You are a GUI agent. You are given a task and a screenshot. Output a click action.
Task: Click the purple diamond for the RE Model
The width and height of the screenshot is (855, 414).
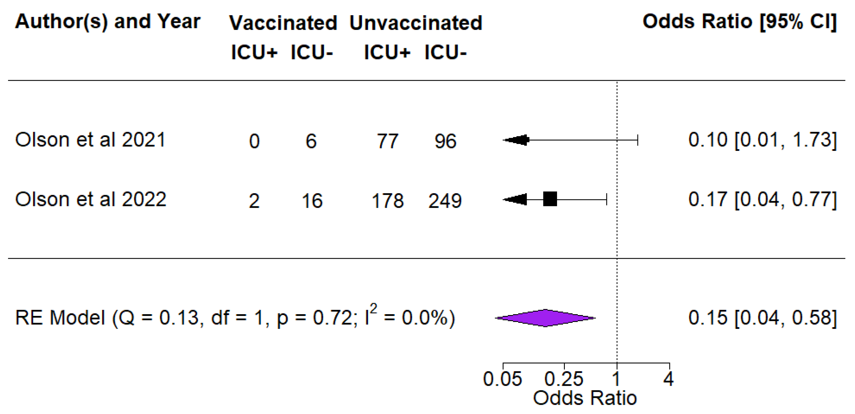545,318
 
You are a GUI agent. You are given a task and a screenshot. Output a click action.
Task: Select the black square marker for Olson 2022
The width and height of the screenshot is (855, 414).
550,199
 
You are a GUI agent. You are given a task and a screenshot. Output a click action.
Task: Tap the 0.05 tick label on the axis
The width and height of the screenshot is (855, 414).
503,379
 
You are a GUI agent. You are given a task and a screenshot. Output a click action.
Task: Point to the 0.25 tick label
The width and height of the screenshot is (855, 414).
564,379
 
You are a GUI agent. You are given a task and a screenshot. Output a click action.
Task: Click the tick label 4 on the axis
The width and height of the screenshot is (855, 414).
669,379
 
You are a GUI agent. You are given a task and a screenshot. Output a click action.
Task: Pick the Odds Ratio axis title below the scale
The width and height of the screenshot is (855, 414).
585,398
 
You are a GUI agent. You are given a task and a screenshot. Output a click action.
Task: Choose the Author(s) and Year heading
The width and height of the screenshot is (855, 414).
108,22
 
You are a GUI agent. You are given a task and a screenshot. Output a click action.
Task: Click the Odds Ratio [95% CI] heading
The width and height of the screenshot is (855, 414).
739,22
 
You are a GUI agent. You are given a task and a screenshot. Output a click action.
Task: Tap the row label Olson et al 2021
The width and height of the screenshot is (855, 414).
90,140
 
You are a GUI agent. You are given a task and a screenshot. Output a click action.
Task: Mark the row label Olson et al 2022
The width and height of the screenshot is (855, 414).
90,199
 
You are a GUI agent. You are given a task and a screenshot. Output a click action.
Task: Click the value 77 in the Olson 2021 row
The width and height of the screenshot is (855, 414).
387,141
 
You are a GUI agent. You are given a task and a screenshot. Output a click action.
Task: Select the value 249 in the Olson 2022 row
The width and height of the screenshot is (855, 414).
445,201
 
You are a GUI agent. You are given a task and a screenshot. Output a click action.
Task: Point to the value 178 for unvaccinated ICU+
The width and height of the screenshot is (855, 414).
387,201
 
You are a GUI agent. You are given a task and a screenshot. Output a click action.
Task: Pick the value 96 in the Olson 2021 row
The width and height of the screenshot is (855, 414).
446,141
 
